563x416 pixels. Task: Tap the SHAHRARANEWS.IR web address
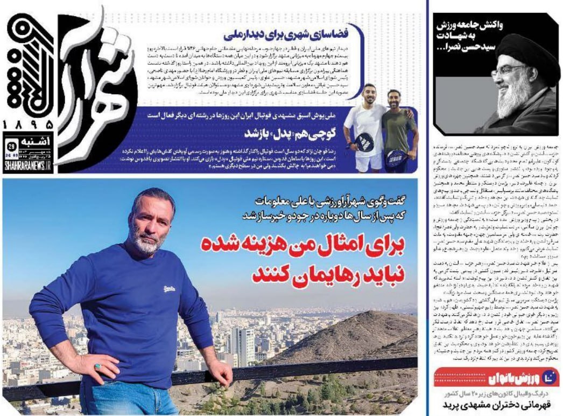click(x=27, y=168)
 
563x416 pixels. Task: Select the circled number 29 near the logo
click(x=11, y=145)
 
